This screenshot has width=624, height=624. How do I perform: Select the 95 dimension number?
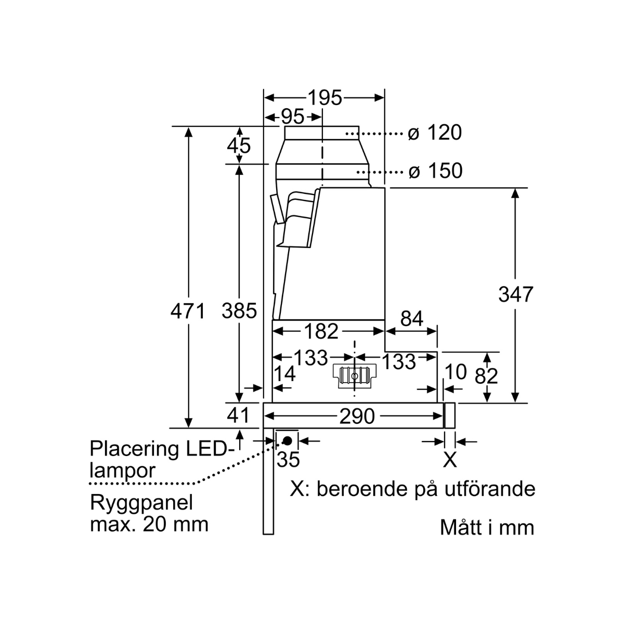(292, 117)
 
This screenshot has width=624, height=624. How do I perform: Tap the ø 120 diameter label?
(435, 133)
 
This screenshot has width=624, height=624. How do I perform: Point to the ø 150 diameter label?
(435, 171)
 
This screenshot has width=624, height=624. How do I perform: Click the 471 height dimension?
(188, 311)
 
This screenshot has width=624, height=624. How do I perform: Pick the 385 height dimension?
(239, 311)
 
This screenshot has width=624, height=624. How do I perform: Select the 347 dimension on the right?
(516, 294)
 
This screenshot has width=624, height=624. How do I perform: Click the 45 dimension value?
(239, 146)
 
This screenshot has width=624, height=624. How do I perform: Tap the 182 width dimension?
(320, 331)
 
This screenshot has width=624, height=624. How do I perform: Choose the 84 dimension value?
(412, 319)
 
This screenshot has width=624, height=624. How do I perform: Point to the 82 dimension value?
(487, 375)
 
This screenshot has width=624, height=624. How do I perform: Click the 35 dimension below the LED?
(288, 460)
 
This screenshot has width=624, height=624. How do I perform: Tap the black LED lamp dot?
(287, 440)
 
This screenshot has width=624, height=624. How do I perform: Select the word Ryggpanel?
(141, 503)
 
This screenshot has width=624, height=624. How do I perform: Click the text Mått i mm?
(487, 527)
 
